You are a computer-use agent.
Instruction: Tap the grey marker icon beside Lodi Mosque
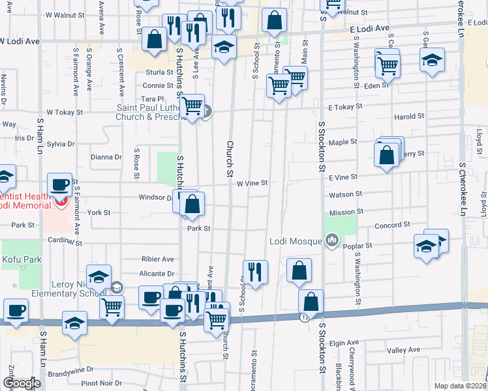[333, 241]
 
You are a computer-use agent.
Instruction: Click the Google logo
[21, 383]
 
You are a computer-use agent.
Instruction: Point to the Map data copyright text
[460, 386]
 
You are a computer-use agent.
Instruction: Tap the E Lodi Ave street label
[369, 29]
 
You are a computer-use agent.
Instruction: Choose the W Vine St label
[252, 184]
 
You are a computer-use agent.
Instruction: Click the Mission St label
[346, 212]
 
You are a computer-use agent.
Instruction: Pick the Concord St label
[393, 225]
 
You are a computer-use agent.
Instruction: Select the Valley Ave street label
[404, 350]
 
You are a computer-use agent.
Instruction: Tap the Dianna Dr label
[106, 156]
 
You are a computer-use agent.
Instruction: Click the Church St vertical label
[230, 159]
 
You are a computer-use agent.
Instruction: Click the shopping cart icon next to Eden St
[388, 65]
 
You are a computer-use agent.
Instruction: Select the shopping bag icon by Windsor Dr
[192, 205]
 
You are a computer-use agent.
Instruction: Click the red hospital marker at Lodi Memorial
[60, 202]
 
